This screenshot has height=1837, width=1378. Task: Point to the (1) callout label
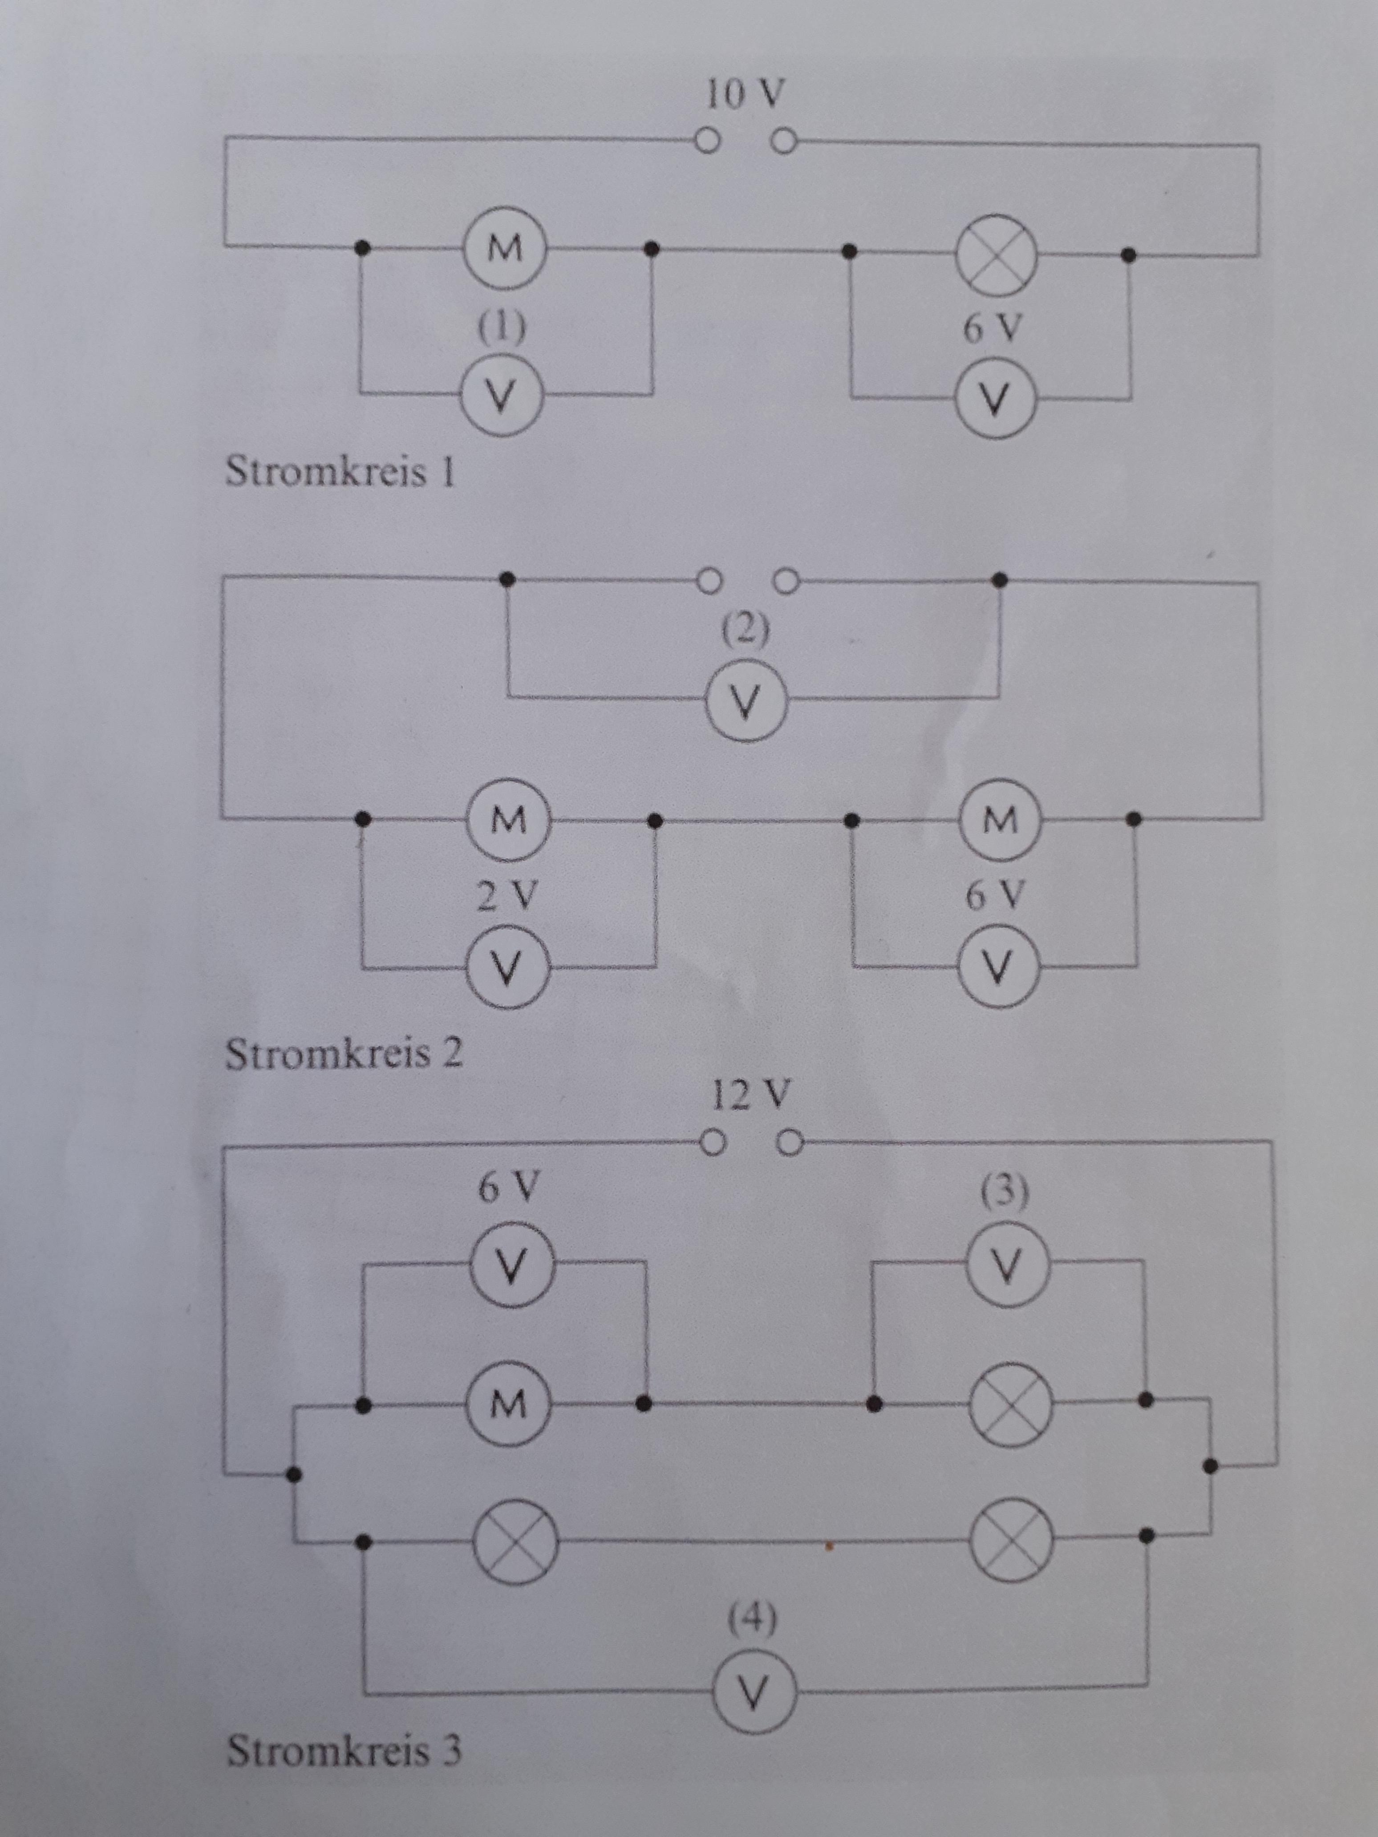pyautogui.click(x=502, y=327)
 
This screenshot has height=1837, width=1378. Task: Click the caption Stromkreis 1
pyautogui.click(x=340, y=472)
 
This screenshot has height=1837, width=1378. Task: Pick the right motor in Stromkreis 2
pyautogui.click(x=999, y=820)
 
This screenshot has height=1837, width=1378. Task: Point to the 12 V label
pyautogui.click(x=750, y=1095)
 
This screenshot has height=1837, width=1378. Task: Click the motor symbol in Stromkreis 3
pyautogui.click(x=508, y=1404)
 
